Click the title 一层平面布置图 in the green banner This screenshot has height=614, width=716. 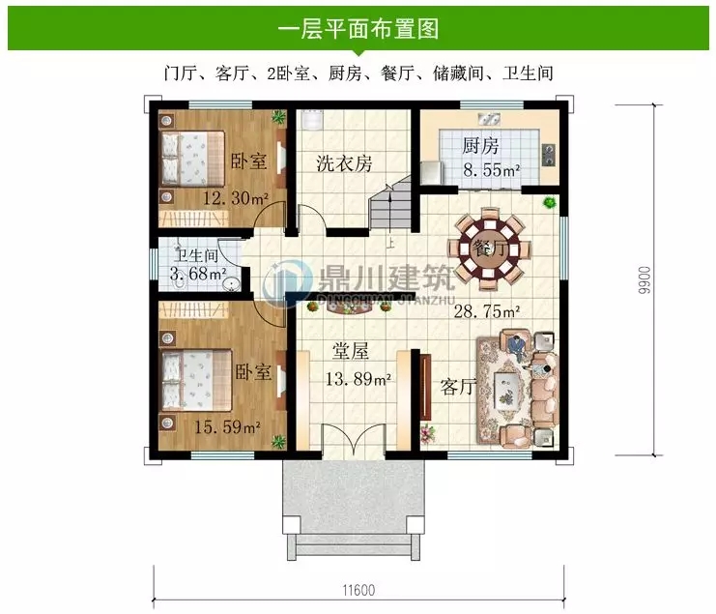coord(358,29)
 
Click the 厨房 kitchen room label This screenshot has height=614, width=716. coord(480,147)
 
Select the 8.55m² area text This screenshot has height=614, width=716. coord(491,171)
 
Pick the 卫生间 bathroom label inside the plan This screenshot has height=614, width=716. coord(195,256)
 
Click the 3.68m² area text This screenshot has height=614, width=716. coord(198,275)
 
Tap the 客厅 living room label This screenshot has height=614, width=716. coord(458,388)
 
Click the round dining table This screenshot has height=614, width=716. coord(492,248)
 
